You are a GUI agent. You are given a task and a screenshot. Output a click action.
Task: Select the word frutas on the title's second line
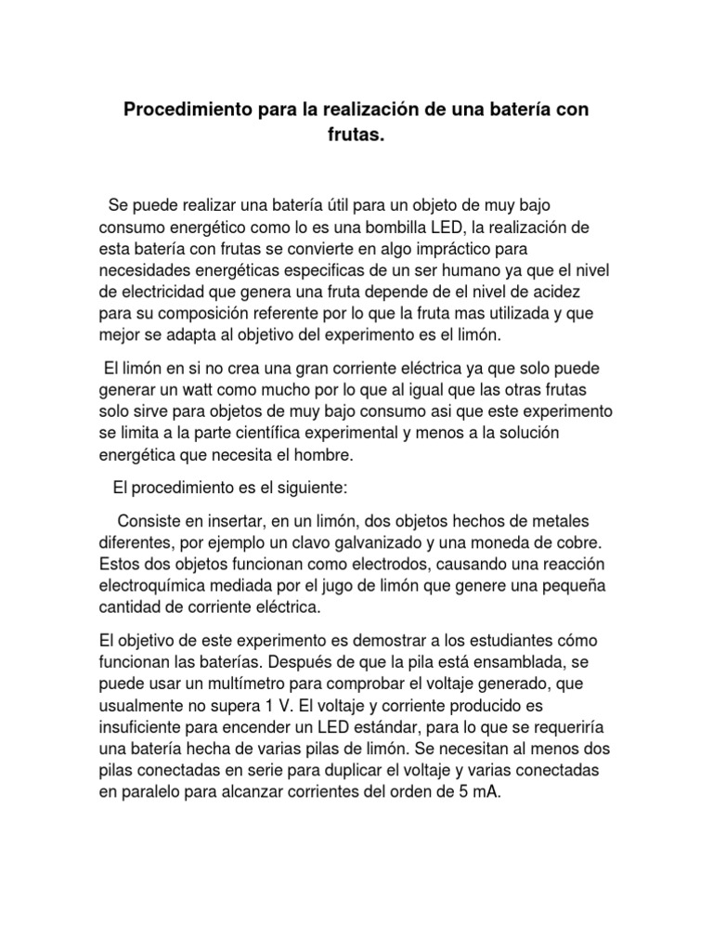pos(356,136)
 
